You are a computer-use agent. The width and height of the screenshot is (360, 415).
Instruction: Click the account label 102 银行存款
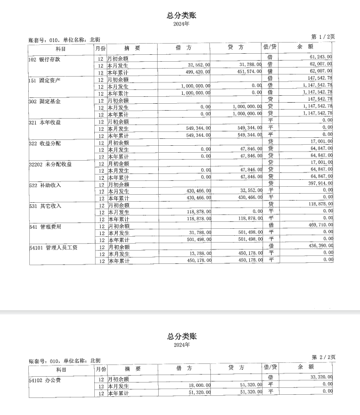45,59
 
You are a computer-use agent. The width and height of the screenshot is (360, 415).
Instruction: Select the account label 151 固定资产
45,80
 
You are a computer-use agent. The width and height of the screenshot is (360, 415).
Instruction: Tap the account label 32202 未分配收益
51,164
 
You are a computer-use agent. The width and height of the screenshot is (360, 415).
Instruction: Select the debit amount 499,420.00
198,71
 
